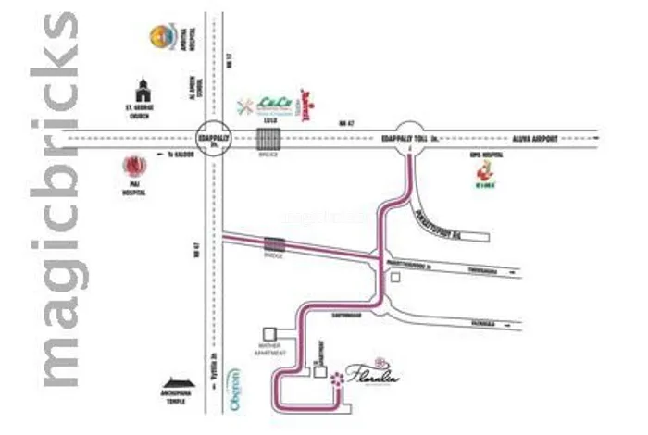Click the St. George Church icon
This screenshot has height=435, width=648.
pyautogui.click(x=142, y=91)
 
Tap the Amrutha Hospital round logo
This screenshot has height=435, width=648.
pyautogui.click(x=163, y=38)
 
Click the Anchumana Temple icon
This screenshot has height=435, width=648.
pyautogui.click(x=181, y=386)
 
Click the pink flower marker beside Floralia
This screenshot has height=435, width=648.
pyautogui.click(x=337, y=379)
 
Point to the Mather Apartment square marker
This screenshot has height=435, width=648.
pyautogui.click(x=270, y=331)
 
